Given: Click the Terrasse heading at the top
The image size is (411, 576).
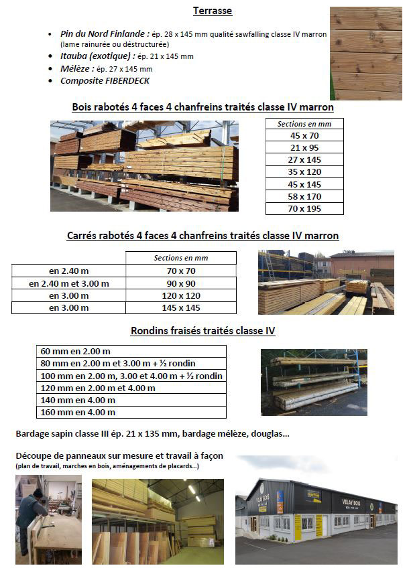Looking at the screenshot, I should [x=213, y=11].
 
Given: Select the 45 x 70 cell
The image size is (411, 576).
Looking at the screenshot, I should [x=304, y=135].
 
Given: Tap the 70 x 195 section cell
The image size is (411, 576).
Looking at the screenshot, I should [x=304, y=208].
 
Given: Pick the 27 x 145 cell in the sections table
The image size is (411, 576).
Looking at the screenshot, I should [x=304, y=159].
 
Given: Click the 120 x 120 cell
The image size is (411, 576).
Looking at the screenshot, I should [x=181, y=295].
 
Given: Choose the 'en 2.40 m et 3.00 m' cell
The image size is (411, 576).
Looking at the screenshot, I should [x=68, y=283].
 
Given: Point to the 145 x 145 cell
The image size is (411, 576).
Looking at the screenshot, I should [x=181, y=307].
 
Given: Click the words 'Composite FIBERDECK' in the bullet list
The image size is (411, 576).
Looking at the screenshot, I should [x=105, y=81].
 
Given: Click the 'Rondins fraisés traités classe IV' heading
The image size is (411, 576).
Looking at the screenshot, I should [x=202, y=331].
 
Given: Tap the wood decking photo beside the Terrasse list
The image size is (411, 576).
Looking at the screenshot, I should [x=365, y=53].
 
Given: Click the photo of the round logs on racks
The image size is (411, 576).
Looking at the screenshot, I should [x=314, y=382].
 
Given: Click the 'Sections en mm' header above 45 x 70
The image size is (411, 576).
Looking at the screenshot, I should [x=304, y=124].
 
